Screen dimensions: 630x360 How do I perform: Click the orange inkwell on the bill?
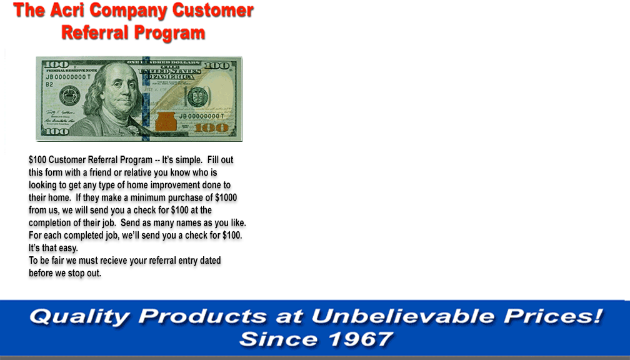pyautogui.click(x=166, y=121)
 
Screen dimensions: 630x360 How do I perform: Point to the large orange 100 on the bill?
pyautogui.click(x=211, y=128)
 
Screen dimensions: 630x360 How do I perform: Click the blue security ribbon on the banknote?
pyautogui.click(x=146, y=99)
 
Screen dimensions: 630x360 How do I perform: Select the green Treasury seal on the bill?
pyautogui.click(x=198, y=96)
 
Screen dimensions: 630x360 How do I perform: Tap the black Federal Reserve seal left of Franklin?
pyautogui.click(x=69, y=96)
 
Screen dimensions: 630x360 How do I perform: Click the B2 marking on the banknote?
pyautogui.click(x=49, y=84)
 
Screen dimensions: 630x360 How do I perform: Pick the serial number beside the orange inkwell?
pyautogui.click(x=201, y=116)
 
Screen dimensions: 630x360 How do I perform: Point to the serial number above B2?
pyautogui.click(x=68, y=77)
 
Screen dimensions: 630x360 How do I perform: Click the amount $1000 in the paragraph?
pyautogui.click(x=226, y=197)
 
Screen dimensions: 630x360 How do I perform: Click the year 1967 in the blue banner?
pyautogui.click(x=361, y=339)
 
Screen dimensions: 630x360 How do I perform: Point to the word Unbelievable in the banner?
pyautogui.click(x=403, y=316)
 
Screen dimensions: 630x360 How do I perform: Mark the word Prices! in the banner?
pyautogui.click(x=554, y=316)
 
